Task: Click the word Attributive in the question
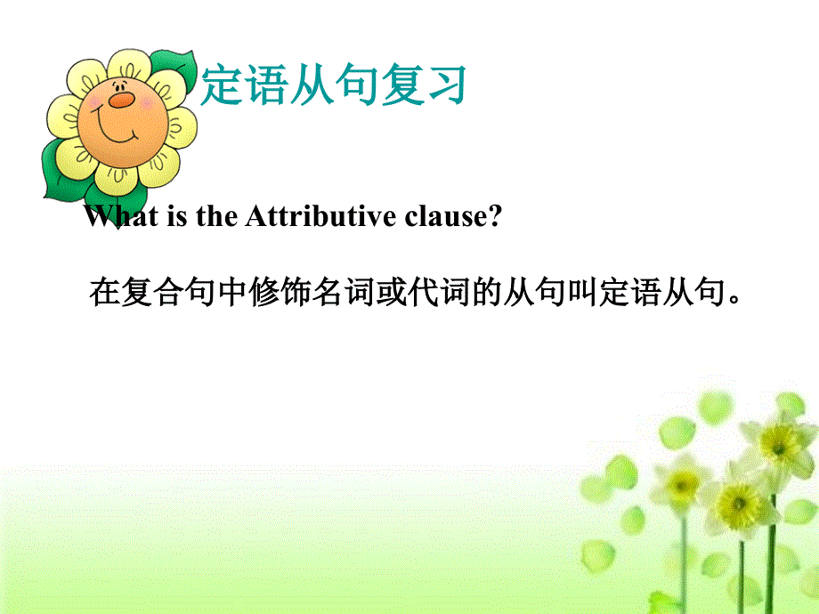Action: (302, 217)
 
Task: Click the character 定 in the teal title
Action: (222, 85)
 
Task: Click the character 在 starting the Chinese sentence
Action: (105, 291)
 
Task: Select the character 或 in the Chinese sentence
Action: (392, 291)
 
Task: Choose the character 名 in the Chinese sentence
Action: (328, 291)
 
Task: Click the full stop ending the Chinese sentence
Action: (735, 298)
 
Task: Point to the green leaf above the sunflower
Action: (176, 67)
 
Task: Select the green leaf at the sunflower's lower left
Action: (55, 169)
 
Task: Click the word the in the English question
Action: (215, 217)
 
